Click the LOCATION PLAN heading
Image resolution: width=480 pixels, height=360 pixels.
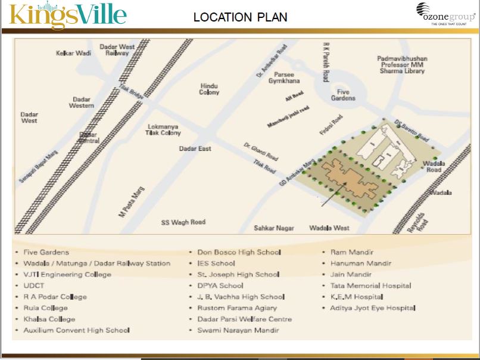[240, 17]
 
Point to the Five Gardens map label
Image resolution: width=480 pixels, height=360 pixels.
[346, 95]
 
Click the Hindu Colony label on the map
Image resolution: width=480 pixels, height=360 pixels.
[209, 89]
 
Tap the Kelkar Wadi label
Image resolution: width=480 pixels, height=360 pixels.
[73, 53]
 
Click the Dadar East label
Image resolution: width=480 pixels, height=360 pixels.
[195, 148]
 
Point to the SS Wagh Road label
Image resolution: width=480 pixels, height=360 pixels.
[183, 222]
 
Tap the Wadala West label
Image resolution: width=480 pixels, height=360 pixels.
[329, 228]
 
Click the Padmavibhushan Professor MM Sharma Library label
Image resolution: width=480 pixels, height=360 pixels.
[403, 64]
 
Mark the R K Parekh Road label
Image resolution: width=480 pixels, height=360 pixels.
[326, 62]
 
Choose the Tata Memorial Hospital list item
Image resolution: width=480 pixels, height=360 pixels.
[370, 285]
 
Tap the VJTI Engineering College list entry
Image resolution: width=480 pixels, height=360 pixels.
[67, 274]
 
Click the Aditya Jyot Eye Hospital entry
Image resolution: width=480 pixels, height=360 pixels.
[373, 308]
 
